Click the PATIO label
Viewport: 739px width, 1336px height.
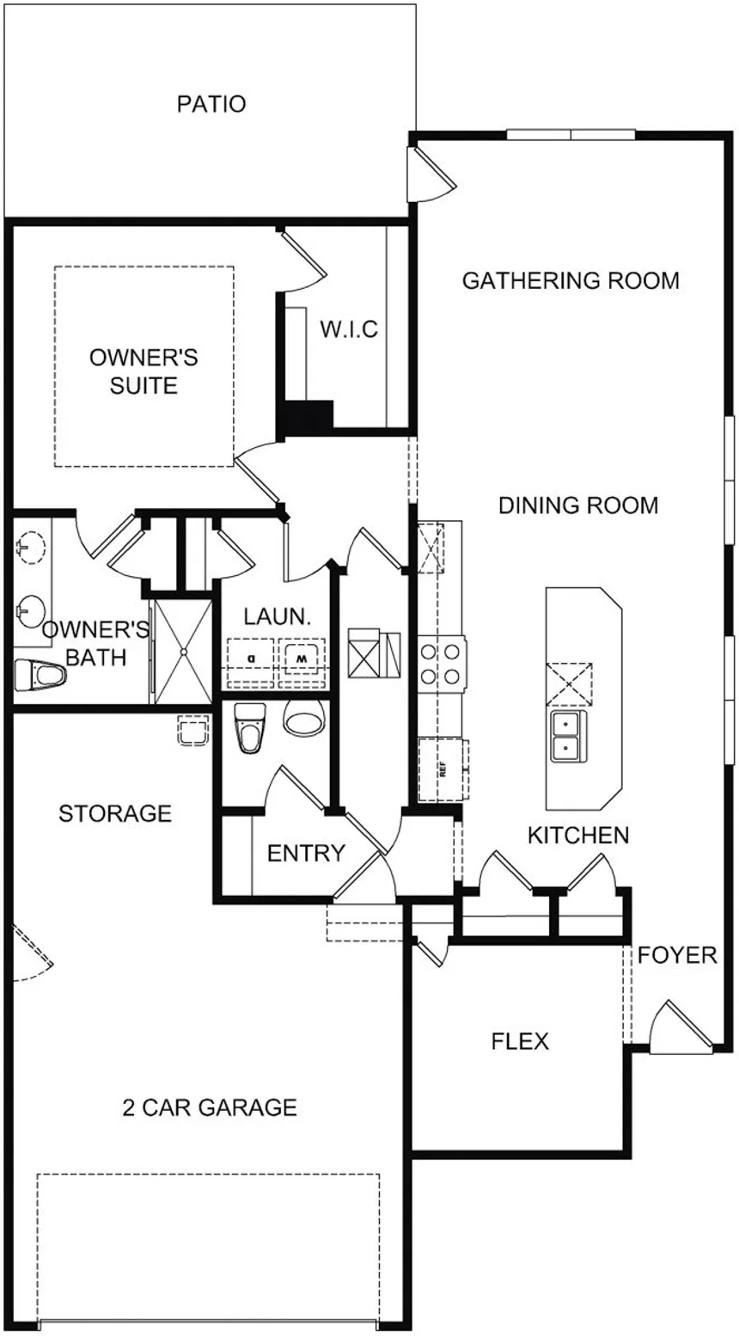click(x=211, y=104)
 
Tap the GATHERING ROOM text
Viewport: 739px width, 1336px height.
click(x=571, y=280)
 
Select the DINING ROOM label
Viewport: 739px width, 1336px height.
click(x=578, y=505)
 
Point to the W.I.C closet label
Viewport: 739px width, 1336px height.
click(x=349, y=329)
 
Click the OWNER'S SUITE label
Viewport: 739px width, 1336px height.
click(x=144, y=371)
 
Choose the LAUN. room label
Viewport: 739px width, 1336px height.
click(x=272, y=616)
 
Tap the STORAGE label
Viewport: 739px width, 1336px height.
click(x=115, y=813)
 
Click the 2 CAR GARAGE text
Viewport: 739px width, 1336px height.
click(x=210, y=1107)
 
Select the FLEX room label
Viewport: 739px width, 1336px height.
click(x=520, y=1041)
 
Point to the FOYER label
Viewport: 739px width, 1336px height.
click(x=677, y=955)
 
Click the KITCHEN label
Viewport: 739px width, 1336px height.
click(x=578, y=835)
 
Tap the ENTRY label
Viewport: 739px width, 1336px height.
click(x=306, y=853)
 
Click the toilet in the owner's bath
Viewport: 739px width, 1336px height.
click(x=40, y=675)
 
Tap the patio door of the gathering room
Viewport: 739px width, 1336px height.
click(x=432, y=172)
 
